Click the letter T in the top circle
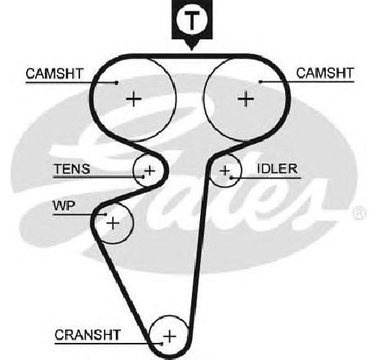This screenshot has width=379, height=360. click(x=192, y=20)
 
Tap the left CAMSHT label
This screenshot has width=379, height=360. click(x=55, y=73)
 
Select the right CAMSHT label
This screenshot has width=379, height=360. click(x=325, y=73)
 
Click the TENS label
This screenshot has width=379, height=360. click(x=72, y=169)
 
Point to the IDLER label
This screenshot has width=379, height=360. click(x=278, y=169)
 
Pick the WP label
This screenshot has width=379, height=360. click(x=64, y=206)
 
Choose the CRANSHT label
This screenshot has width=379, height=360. click(x=87, y=335)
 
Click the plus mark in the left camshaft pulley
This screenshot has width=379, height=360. click(x=134, y=99)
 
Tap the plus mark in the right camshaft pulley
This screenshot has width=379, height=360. click(x=246, y=99)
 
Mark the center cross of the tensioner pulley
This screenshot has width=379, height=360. click(x=149, y=171)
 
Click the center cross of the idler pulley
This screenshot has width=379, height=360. click(x=225, y=171)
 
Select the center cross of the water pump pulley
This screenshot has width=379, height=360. click(x=113, y=224)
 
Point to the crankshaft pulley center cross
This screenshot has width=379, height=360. click(x=170, y=336)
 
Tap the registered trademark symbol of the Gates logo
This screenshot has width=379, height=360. click(x=359, y=213)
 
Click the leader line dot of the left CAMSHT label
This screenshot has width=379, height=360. click(x=117, y=82)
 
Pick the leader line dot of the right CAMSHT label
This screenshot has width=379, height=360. click(x=261, y=82)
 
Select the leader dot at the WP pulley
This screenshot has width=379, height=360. click(x=105, y=215)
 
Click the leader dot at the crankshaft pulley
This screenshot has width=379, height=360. click(x=162, y=344)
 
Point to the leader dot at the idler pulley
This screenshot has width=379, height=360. click(x=231, y=178)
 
